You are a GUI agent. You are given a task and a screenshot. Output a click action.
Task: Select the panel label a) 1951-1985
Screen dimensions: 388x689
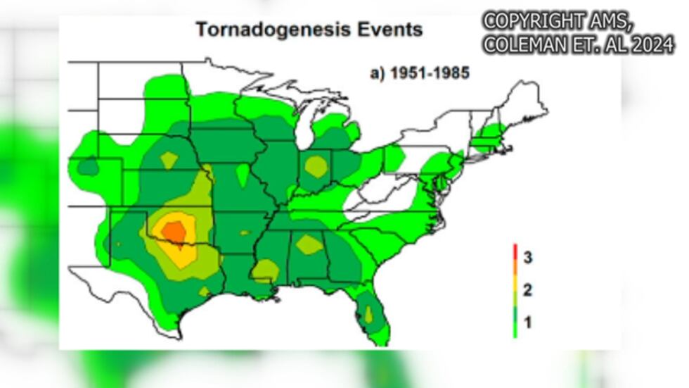[420, 73]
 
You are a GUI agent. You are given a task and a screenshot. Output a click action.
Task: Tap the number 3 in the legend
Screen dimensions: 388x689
[527, 258]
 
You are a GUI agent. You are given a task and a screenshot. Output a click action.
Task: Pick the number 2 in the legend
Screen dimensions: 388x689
[527, 290]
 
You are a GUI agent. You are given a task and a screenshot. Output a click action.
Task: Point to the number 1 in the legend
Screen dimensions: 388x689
[527, 323]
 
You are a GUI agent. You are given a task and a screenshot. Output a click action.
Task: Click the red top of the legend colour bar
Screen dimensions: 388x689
[515, 249]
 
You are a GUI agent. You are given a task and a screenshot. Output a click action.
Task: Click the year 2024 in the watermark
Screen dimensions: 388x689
[651, 45]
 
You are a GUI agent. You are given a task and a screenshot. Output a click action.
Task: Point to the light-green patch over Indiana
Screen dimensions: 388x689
[316, 167]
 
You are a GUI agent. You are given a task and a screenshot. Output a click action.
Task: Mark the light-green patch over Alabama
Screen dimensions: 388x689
[309, 244]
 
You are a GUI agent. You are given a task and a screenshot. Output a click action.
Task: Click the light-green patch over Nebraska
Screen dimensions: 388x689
[169, 160]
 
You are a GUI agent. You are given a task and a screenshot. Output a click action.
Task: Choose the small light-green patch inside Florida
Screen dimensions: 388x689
[367, 314]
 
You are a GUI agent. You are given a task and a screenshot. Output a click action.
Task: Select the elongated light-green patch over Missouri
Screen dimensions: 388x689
[243, 175]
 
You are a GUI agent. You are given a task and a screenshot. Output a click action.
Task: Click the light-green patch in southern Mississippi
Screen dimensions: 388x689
[264, 269]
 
